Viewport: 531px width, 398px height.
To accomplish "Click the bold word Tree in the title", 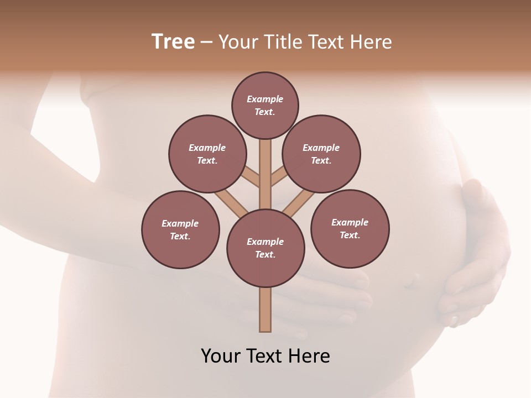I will click(173, 42).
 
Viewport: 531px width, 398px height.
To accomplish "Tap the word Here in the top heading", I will click(370, 42).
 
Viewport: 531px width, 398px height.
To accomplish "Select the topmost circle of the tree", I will click(265, 106).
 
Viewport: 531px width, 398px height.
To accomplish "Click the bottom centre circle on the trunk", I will click(265, 248).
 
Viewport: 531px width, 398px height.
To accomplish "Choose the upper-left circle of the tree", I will click(207, 154).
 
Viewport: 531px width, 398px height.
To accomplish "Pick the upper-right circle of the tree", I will click(321, 154).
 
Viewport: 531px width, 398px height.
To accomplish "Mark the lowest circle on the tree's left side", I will click(180, 229).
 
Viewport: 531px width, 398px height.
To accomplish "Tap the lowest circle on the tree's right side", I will click(350, 228).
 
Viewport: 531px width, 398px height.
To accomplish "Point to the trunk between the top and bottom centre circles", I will click(265, 174).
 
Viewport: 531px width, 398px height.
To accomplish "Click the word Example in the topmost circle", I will click(265, 99).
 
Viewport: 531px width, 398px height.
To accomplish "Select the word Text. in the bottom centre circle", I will click(265, 255).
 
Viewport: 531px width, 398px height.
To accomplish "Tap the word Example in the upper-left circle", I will click(207, 148).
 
